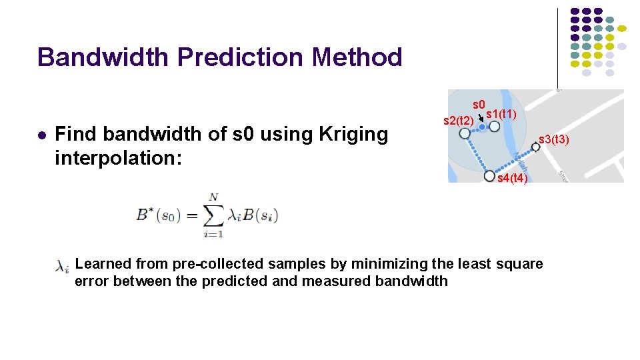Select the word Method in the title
click(x=357, y=57)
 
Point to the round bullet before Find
click(x=41, y=135)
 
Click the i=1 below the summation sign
click(x=214, y=234)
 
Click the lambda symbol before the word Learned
click(x=62, y=267)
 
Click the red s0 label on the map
click(x=479, y=105)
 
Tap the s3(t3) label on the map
click(x=553, y=139)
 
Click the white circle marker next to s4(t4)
click(x=489, y=176)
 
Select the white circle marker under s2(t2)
click(x=465, y=133)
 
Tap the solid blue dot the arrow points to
click(x=482, y=127)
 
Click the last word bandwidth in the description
click(x=411, y=281)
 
